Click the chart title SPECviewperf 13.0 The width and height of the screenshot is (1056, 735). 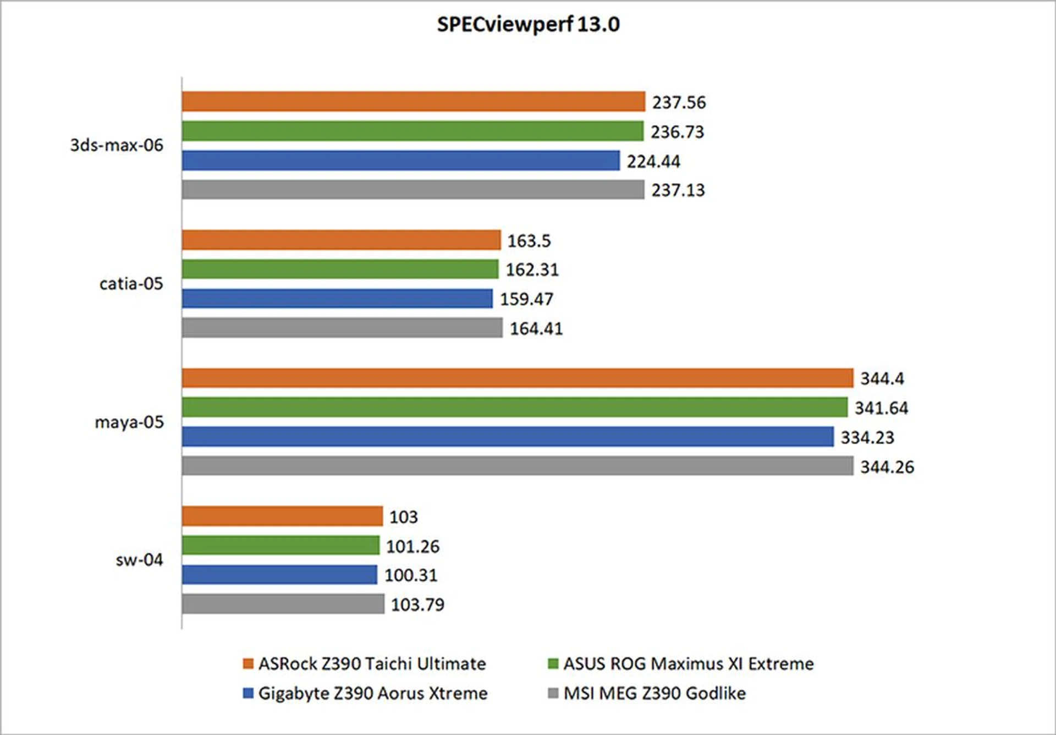coord(528,24)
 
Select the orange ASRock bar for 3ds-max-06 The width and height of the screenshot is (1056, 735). coord(413,102)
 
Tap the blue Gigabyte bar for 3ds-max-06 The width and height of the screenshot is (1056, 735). coord(400,161)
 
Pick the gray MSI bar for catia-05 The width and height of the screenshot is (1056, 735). coord(342,328)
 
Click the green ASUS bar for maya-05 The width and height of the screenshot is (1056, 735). coord(514,408)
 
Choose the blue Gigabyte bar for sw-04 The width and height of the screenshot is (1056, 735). coord(279,575)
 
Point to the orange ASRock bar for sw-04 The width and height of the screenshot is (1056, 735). coord(282,517)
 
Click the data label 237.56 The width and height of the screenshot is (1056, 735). coord(679,102)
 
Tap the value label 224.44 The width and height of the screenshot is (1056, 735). coord(653,161)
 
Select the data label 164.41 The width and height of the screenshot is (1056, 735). coord(536,328)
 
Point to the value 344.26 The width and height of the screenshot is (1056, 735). coord(887,467)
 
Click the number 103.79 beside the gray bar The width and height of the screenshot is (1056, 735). coord(417,605)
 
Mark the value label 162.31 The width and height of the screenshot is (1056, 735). coord(532,270)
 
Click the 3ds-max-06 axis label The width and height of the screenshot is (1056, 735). coord(117,145)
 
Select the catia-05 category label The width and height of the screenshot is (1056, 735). coord(131,284)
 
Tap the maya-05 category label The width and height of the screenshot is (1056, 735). coord(129,423)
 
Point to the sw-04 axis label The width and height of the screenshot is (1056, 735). coord(139,560)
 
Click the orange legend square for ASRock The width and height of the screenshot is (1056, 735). coord(248,663)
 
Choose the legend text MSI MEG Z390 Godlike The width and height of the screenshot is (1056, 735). coord(654,693)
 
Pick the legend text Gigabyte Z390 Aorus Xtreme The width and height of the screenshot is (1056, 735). coord(373,693)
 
